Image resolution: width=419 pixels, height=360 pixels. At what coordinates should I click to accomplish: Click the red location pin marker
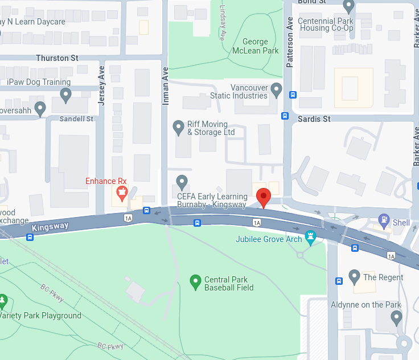(x=263, y=197)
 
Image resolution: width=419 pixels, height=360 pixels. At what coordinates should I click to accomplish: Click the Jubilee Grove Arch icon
(x=310, y=236)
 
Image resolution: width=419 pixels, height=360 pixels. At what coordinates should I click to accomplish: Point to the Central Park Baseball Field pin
(x=195, y=280)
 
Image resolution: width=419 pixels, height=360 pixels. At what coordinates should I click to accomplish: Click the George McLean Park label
(x=256, y=46)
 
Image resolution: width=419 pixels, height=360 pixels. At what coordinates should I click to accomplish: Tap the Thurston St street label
(x=57, y=58)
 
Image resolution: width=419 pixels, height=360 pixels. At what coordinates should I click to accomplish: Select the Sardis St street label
(x=314, y=119)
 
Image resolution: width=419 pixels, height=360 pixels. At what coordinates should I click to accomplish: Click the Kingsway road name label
(x=50, y=227)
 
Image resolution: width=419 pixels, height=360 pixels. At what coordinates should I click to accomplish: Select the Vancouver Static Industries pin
(x=276, y=89)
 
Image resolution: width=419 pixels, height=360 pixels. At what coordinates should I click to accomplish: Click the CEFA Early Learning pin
(x=182, y=182)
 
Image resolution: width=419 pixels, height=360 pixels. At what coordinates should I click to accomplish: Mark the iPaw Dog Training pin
(x=66, y=95)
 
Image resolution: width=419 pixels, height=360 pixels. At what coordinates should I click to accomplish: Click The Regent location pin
(x=355, y=277)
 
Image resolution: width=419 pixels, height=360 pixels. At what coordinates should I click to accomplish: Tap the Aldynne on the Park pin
(x=396, y=317)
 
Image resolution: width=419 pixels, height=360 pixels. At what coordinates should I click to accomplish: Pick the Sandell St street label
(x=77, y=119)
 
